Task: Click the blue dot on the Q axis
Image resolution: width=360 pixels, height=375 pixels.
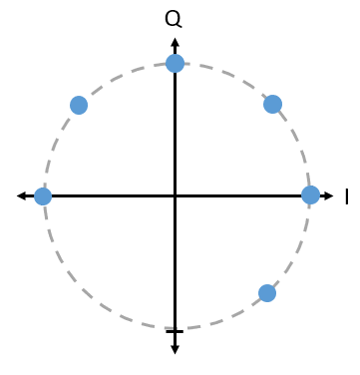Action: coord(175,63)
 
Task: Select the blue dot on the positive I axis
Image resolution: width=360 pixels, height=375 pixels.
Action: coord(310,194)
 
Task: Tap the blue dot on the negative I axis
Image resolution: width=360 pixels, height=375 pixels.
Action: coord(43,196)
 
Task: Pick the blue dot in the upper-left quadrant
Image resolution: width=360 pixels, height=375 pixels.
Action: coord(79,105)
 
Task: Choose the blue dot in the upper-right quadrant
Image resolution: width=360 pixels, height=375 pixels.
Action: coord(272,104)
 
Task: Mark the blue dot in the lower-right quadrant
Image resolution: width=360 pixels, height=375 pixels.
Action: coord(267,293)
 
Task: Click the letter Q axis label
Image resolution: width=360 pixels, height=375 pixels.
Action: coord(174,19)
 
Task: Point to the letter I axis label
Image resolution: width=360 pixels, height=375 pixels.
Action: coord(347,196)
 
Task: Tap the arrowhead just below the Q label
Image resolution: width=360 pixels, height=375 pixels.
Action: coord(175,42)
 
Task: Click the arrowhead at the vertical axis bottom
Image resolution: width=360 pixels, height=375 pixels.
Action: coord(175,350)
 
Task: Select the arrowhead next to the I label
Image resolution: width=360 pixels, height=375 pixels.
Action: coord(328,195)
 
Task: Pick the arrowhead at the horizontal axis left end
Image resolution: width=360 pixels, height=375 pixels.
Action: coord(21,195)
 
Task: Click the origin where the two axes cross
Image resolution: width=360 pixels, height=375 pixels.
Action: coord(175,196)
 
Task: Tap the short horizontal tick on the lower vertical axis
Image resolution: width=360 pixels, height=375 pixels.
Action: coord(175,331)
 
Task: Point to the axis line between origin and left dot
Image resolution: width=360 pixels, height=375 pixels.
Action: coord(113,196)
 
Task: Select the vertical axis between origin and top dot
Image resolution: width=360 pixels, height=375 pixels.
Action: coord(175,134)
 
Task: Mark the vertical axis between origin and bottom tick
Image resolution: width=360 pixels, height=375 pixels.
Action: coord(175,263)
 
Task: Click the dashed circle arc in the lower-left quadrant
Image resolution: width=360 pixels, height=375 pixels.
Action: coord(81,289)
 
